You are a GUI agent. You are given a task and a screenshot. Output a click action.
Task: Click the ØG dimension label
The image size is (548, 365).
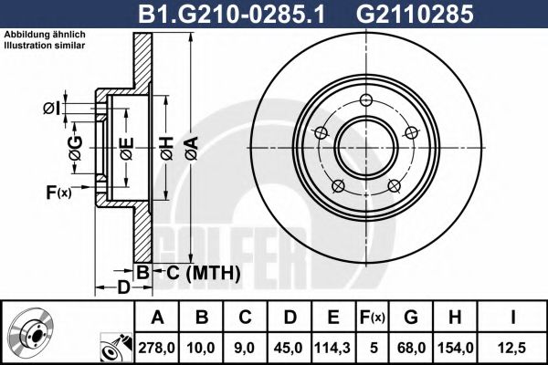coord(75,144)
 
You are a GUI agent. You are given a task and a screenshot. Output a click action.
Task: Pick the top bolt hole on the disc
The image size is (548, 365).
coord(366,100)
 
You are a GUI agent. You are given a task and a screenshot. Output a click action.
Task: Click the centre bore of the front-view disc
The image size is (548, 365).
coord(365,148)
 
